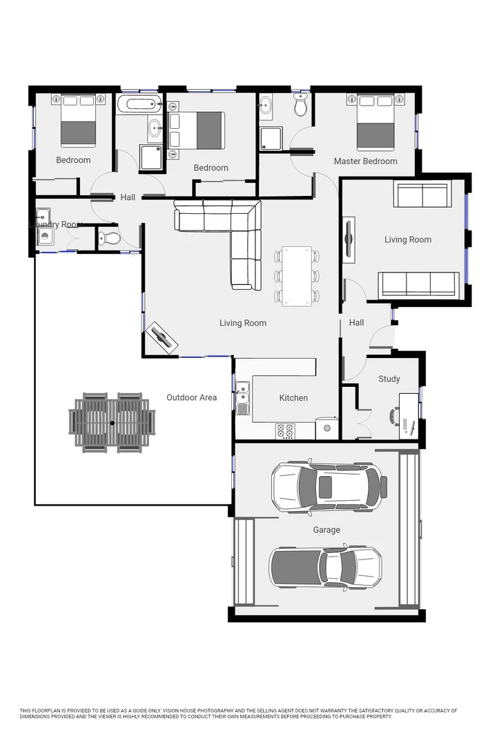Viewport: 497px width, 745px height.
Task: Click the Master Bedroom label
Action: (365, 161)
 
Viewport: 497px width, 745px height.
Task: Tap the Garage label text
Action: (327, 530)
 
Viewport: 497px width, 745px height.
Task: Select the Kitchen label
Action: (293, 398)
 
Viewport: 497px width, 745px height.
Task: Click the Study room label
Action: (389, 379)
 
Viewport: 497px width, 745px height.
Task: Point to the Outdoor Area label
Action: (191, 397)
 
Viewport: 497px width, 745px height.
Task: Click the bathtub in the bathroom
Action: (139, 106)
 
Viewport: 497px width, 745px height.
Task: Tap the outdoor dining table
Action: (112, 422)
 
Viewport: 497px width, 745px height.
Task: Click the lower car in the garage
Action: (325, 567)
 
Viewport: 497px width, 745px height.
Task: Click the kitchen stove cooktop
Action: (285, 431)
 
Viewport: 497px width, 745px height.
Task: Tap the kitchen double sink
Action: (242, 399)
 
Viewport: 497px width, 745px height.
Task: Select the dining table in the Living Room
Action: (297, 276)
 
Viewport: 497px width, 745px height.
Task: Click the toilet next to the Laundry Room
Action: (108, 239)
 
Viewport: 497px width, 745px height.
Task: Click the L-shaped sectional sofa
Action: (228, 235)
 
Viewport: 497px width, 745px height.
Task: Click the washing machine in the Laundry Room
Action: (46, 237)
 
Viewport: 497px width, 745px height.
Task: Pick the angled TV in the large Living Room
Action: (163, 337)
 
